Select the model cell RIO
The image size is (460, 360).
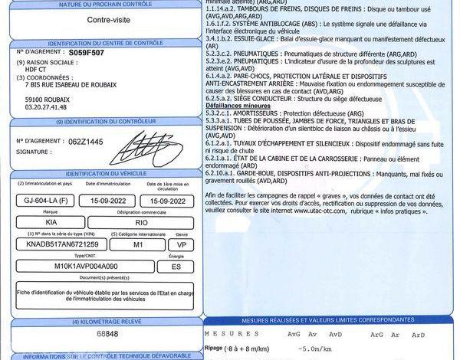[x=140, y=221]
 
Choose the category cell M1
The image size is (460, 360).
[x=138, y=244]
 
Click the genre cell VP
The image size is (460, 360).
[x=182, y=244]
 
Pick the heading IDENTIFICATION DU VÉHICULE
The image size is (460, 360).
[x=105, y=175]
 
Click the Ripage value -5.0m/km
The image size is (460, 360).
[x=307, y=349]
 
